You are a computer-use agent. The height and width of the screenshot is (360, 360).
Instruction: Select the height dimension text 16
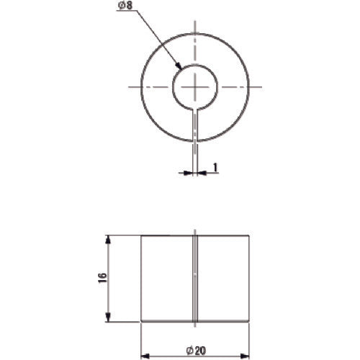(x=102, y=278)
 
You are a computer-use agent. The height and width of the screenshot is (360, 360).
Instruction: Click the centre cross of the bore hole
(x=195, y=86)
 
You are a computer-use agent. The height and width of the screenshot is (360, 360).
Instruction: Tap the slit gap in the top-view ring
(x=195, y=124)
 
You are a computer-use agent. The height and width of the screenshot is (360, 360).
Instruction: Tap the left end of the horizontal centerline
(x=130, y=86)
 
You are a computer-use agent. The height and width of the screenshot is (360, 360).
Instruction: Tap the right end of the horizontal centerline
(x=260, y=86)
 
